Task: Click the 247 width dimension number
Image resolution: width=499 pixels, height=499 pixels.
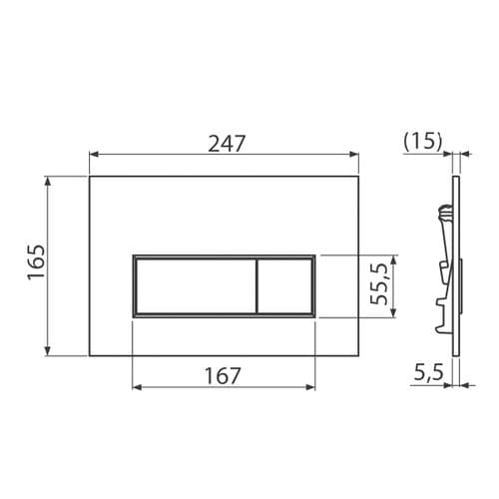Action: pos(225,142)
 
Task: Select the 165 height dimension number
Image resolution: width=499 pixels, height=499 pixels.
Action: pos(36,264)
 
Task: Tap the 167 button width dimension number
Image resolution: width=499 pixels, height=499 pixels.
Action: pos(223,376)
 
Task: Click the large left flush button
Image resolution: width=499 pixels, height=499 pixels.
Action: pos(195,286)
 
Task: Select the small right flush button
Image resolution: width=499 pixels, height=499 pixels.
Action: pos(286,286)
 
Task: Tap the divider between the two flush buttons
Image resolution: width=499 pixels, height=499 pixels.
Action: pos(257,286)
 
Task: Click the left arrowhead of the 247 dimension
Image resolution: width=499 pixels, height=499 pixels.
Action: pos(94,155)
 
